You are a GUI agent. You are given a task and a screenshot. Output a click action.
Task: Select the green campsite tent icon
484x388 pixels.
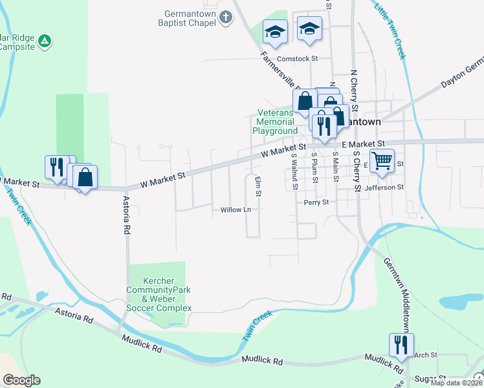click(44, 41)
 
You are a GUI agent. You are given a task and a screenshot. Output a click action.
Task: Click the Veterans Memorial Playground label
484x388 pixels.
click(275, 122)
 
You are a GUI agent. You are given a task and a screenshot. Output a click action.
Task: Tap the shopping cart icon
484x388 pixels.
click(382, 159)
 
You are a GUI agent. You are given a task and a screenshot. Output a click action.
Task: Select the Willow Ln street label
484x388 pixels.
click(236, 210)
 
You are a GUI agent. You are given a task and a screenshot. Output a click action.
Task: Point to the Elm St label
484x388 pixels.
click(258, 185)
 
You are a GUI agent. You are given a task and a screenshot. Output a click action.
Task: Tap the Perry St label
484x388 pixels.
click(316, 202)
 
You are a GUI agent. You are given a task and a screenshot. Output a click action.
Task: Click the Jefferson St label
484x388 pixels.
click(384, 188)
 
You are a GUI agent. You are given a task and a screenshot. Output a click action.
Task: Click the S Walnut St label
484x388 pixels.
click(294, 171)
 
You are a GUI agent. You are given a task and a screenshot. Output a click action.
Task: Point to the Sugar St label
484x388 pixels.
click(430, 378)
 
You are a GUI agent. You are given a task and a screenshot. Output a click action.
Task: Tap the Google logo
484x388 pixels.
click(21, 380)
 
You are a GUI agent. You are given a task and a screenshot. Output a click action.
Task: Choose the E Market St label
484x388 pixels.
click(363, 143)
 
